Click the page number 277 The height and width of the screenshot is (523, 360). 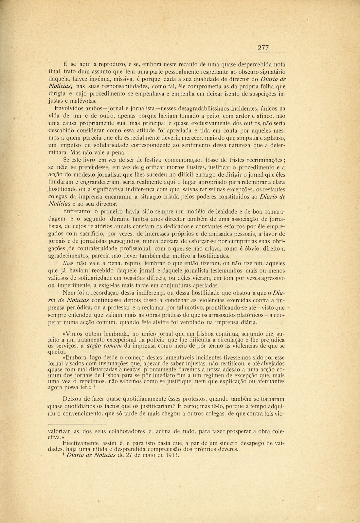tap(263, 48)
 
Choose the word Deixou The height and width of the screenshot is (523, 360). tap(72, 399)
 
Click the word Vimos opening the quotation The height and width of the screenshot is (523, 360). tap(75, 334)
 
